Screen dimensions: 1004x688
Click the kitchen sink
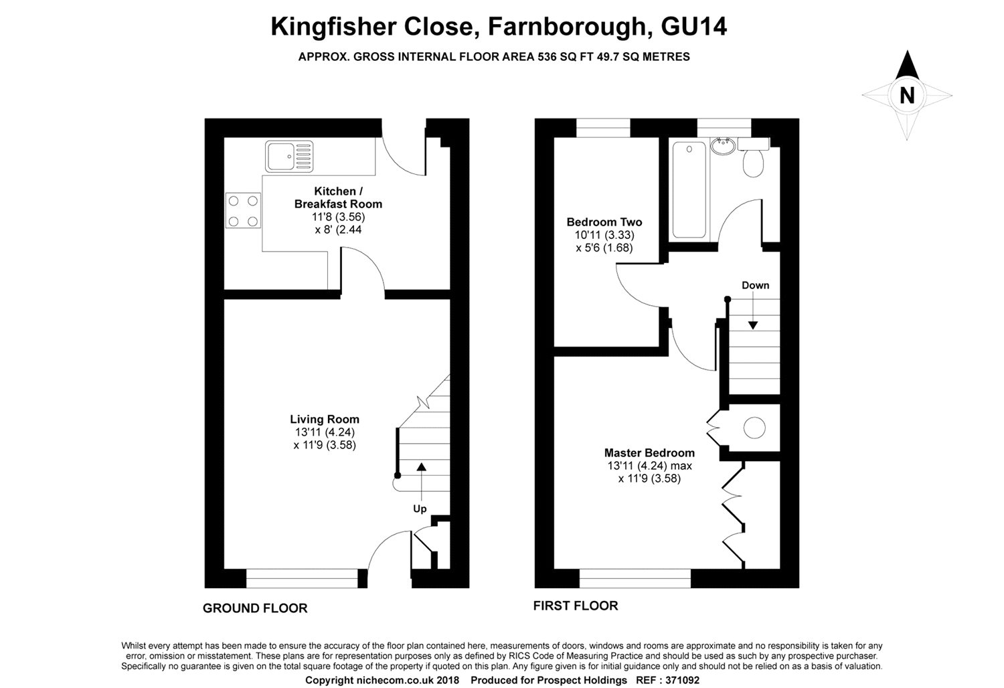point(289,157)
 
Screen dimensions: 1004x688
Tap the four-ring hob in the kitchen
point(243,210)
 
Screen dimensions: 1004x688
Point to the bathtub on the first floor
point(689,189)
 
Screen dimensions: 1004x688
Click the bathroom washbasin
point(722,146)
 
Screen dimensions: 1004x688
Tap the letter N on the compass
point(907,96)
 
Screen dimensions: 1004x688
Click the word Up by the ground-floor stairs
point(420,509)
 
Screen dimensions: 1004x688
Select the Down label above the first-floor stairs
point(755,285)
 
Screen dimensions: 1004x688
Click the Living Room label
point(325,419)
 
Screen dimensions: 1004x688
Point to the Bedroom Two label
point(604,222)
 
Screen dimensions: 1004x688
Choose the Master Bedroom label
point(649,452)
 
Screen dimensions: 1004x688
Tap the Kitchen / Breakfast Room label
point(338,197)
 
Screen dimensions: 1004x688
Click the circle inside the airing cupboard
point(754,428)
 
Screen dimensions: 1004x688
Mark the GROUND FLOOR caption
point(255,608)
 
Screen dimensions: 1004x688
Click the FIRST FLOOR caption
point(576,606)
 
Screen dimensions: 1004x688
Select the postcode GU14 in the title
point(693,27)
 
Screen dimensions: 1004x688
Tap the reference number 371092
point(682,680)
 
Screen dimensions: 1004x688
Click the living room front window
point(302,578)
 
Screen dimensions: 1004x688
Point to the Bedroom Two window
point(603,128)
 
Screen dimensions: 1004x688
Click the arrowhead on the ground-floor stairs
point(421,467)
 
